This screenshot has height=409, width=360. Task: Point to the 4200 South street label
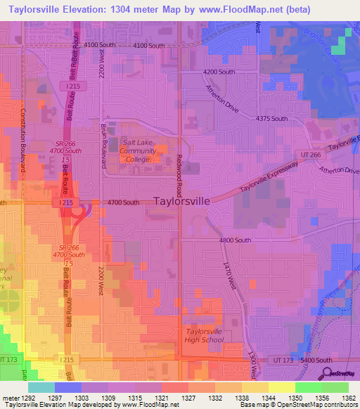point(219,72)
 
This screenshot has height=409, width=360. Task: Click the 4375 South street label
point(271,118)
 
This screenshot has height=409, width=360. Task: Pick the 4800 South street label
point(235,240)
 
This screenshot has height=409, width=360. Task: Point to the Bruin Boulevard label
point(103,146)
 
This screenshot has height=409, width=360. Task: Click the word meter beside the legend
point(10,398)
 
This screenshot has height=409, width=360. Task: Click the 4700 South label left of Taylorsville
point(122,202)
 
